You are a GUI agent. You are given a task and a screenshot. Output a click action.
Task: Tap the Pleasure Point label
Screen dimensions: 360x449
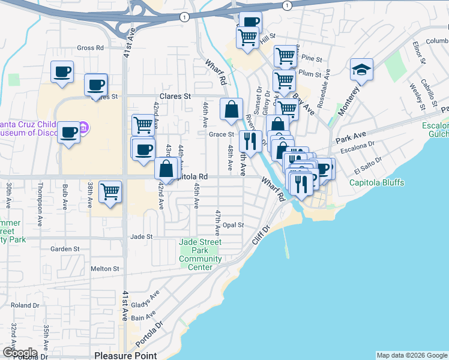tap(125, 355)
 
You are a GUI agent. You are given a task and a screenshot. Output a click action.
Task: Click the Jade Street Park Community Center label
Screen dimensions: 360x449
tap(200, 254)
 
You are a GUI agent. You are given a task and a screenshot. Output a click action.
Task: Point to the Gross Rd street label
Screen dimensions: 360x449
tap(90, 47)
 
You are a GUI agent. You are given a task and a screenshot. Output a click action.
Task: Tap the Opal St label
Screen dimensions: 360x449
tap(234, 225)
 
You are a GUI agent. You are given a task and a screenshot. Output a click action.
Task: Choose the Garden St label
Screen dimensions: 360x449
tap(65, 248)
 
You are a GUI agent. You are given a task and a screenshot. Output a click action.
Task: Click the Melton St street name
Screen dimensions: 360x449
tap(106, 269)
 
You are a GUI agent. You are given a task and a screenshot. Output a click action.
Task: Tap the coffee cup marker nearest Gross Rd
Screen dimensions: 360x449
tap(62, 72)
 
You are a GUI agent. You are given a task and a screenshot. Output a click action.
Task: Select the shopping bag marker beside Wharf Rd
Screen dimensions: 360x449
tap(231, 110)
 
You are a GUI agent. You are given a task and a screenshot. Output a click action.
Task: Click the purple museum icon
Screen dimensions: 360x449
tap(84, 127)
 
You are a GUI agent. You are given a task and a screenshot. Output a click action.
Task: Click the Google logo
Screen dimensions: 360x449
tap(20, 352)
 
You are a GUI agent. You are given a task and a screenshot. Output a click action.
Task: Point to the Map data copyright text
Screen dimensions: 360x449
tap(412, 355)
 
